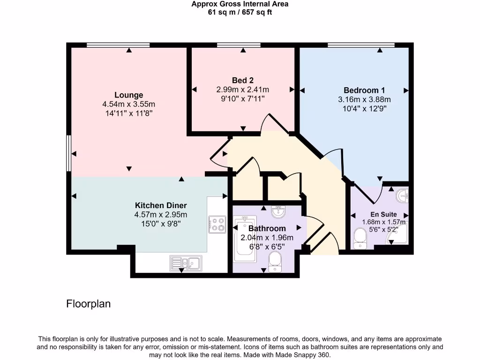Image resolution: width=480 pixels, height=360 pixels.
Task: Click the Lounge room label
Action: [128, 95]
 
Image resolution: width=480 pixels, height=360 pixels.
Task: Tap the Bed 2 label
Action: [242, 80]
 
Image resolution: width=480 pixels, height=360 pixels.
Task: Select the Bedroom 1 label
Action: [364, 90]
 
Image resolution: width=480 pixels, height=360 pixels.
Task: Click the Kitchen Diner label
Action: [161, 205]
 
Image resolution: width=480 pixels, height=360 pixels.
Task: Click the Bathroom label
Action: [267, 228]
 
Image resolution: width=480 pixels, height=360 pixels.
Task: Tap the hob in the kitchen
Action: [217, 224]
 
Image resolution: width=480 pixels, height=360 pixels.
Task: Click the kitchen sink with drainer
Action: [186, 263]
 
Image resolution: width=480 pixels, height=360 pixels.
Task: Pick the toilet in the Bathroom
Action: [275, 260]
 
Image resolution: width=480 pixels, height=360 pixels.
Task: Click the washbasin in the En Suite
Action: [402, 195]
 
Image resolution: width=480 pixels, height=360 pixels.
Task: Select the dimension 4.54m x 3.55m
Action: [128, 104]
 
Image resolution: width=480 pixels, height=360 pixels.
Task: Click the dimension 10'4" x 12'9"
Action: [364, 108]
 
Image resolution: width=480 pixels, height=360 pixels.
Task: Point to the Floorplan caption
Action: [89, 304]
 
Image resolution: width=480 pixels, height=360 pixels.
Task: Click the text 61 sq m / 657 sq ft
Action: [240, 13]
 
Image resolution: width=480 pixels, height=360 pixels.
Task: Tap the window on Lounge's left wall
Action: [68, 153]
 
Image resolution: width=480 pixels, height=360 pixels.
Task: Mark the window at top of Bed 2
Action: [242, 45]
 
